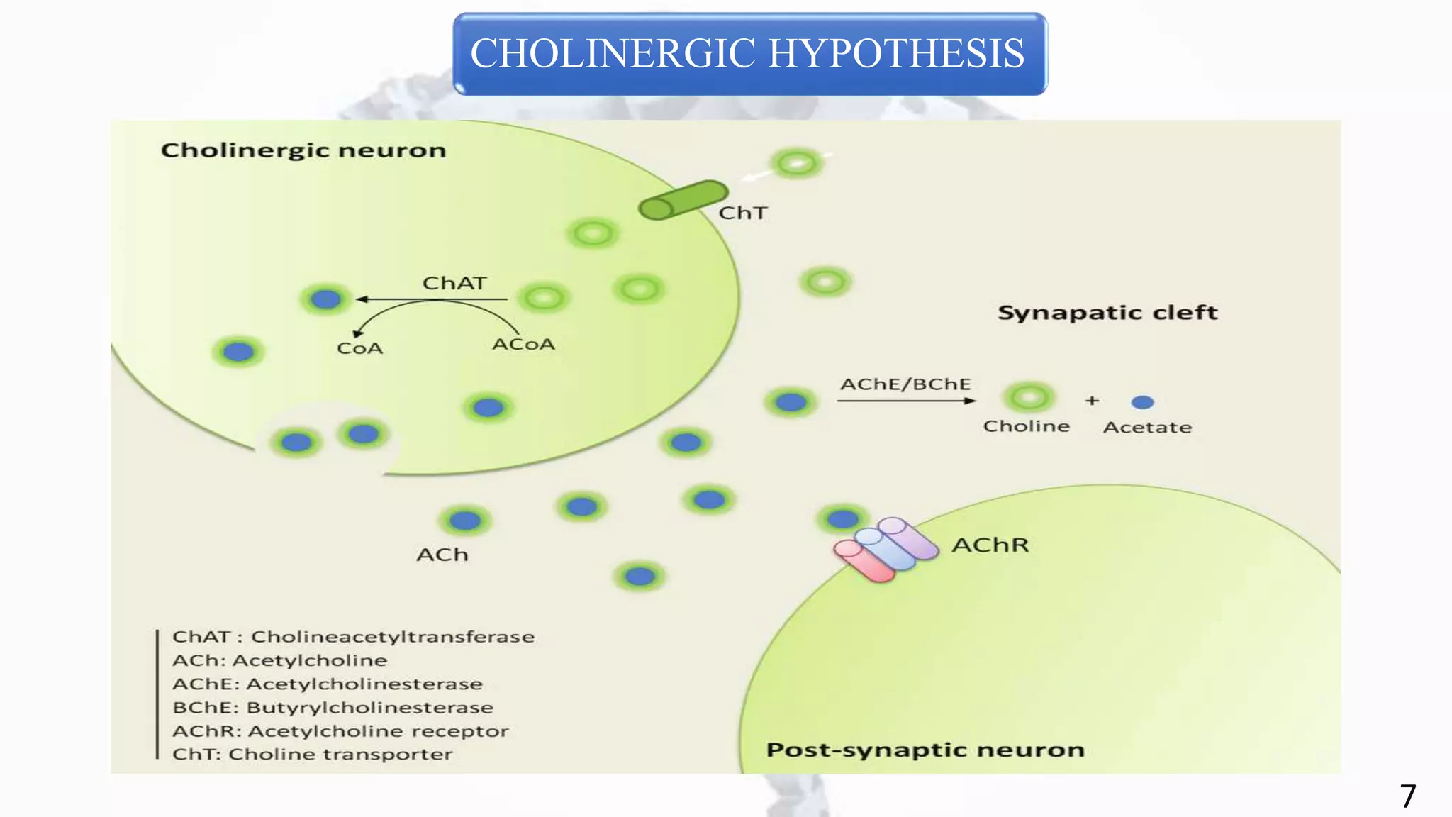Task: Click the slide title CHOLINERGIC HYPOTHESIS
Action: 748,54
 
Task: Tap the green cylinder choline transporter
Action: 682,200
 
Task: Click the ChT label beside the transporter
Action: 742,213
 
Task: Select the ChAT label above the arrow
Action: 454,283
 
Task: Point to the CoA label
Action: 359,348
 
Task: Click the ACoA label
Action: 523,345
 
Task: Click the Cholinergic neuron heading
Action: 303,150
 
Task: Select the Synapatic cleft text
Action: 1107,313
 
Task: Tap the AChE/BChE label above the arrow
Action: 905,384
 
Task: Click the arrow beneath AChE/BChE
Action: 905,401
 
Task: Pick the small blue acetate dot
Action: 1142,402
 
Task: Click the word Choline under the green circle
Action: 1026,426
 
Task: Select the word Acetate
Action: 1147,428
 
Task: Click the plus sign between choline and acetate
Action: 1092,401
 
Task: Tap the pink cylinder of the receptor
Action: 863,562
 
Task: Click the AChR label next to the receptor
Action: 990,545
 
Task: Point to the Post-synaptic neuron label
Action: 925,750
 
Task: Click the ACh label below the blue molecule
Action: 442,555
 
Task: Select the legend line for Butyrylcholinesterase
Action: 333,708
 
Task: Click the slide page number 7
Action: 1407,796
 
